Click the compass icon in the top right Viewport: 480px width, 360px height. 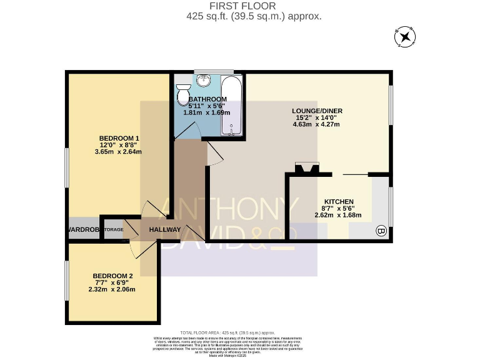(405, 37)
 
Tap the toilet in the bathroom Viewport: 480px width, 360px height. (183, 94)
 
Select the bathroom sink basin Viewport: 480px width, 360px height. (204, 80)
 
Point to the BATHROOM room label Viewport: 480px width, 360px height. (207, 99)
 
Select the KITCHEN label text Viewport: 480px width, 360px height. (339, 201)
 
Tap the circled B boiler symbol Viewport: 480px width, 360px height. (381, 231)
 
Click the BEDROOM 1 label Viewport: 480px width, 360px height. (119, 139)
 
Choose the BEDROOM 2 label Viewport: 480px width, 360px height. (112, 276)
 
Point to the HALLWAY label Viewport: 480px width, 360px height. (165, 230)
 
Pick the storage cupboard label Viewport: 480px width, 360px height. (113, 230)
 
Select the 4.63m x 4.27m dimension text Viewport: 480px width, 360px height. (316, 124)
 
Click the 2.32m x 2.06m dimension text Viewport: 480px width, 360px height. (112, 289)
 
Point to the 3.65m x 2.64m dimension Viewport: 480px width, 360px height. (119, 152)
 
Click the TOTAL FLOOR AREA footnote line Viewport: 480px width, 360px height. (227, 332)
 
